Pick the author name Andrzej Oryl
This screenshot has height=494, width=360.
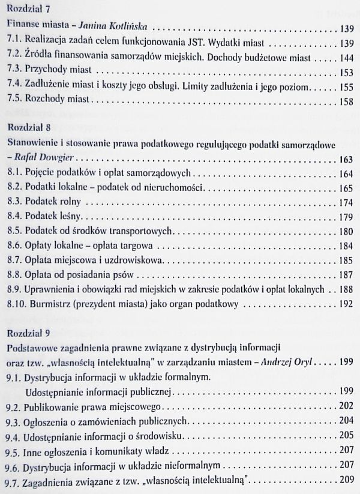pyautogui.click(x=305, y=363)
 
